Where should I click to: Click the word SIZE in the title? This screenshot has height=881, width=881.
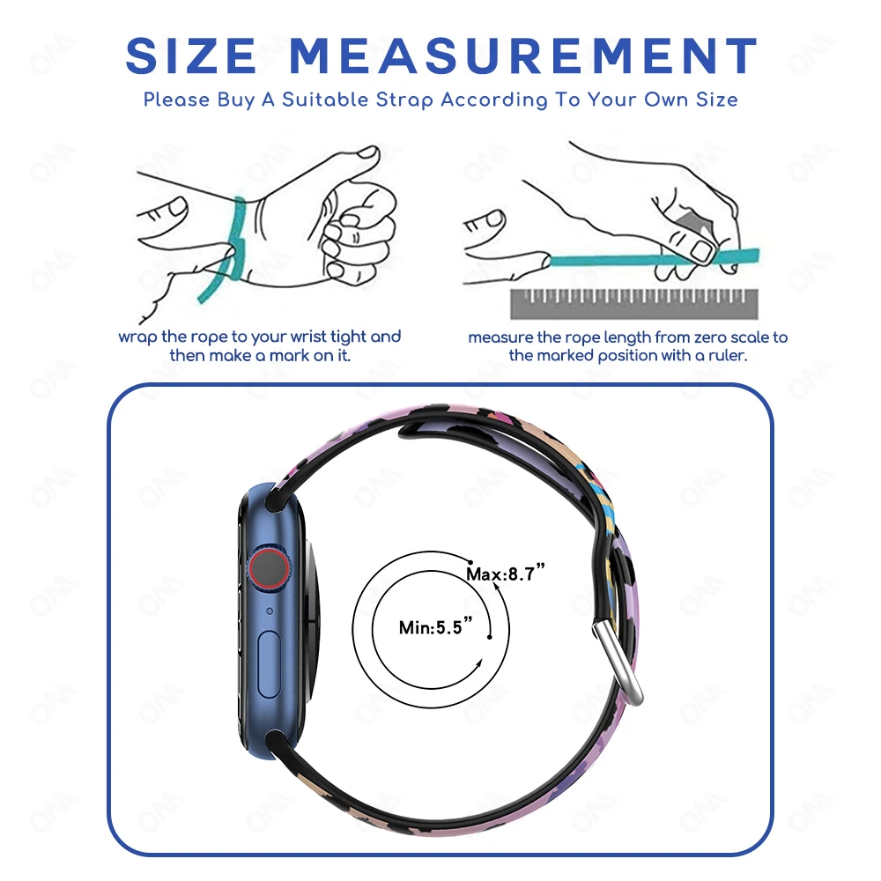coord(192,56)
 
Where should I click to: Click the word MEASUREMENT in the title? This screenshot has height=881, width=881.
coord(523,56)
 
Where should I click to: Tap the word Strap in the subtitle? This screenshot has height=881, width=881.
coord(404,100)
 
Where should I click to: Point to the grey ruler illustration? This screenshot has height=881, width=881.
coord(633,303)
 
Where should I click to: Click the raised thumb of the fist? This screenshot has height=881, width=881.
coord(359,157)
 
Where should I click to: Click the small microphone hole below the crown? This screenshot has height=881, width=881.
coord(269,611)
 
